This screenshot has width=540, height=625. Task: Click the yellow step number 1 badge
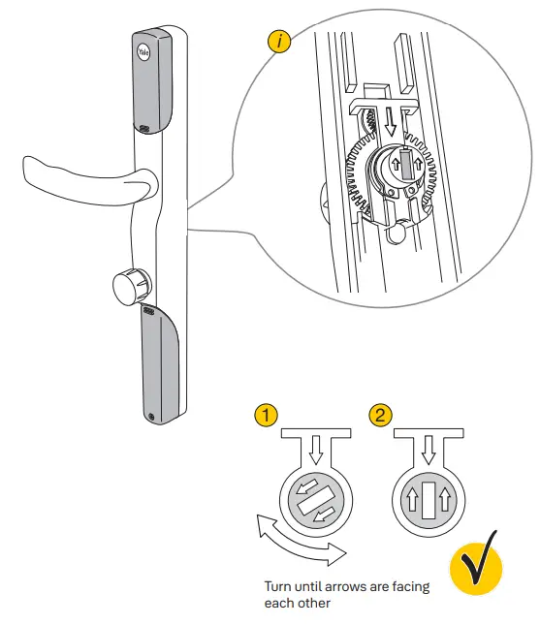[x=267, y=416]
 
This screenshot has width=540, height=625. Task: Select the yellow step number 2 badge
[x=382, y=416]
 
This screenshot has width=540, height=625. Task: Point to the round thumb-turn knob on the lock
[x=127, y=287]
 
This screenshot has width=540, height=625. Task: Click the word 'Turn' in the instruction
[x=276, y=586]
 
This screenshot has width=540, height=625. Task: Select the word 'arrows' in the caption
[x=356, y=586]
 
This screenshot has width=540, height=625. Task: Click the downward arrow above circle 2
[x=429, y=449]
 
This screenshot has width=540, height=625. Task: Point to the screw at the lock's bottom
[x=153, y=418]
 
